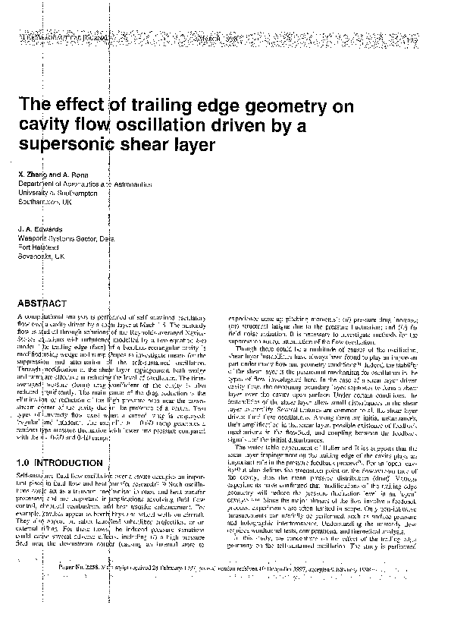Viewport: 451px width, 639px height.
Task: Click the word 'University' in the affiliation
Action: click(x=36, y=193)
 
